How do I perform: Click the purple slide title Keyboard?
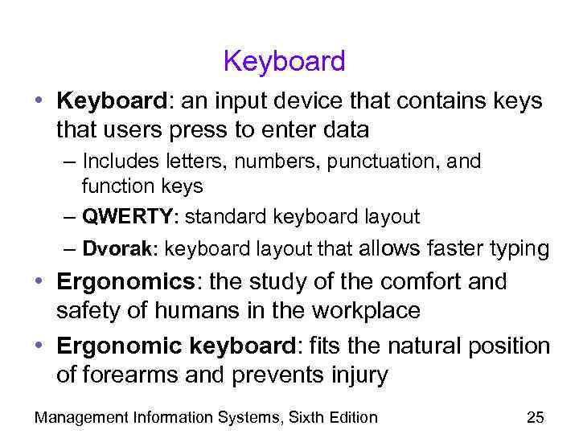[x=284, y=61]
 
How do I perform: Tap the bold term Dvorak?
[x=118, y=249]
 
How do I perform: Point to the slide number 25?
[x=535, y=416]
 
